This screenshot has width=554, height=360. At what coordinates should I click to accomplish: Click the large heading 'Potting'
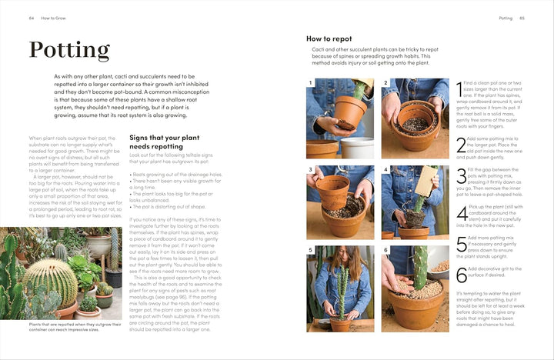(x=69, y=50)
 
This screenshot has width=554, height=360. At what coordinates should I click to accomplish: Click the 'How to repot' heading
(x=329, y=38)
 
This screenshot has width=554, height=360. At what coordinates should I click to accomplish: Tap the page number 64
(x=32, y=18)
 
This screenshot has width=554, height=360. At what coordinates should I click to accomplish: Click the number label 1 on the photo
(x=311, y=83)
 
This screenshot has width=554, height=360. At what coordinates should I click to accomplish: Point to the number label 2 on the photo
(x=385, y=83)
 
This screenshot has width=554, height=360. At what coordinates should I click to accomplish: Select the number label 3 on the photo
(x=311, y=169)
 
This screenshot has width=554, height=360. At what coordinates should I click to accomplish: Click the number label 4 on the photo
(x=385, y=169)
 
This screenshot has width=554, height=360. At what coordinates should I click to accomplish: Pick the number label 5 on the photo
(x=311, y=251)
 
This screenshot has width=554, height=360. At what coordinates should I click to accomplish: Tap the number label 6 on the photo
(x=385, y=251)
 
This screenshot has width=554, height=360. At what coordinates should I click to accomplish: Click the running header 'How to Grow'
(x=55, y=18)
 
